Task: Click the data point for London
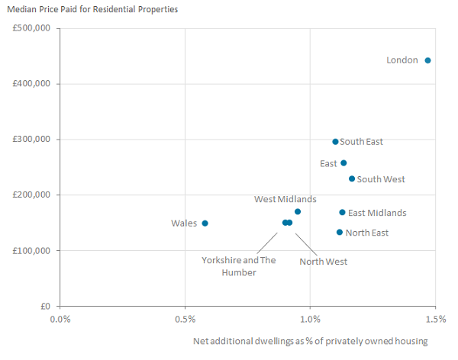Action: [427, 60]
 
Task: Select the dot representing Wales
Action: [205, 223]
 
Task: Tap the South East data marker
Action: [335, 142]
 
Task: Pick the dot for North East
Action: [340, 233]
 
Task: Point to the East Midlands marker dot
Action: [342, 213]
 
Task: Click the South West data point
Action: [352, 179]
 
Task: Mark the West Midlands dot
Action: [298, 212]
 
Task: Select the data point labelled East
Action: [343, 163]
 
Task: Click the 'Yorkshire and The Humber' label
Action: [238, 266]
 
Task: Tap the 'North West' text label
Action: [323, 262]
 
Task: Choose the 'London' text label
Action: [402, 60]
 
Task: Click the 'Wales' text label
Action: [184, 223]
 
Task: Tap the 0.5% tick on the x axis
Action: [185, 318]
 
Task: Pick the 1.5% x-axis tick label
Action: [435, 318]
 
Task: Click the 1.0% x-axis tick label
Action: [310, 318]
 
